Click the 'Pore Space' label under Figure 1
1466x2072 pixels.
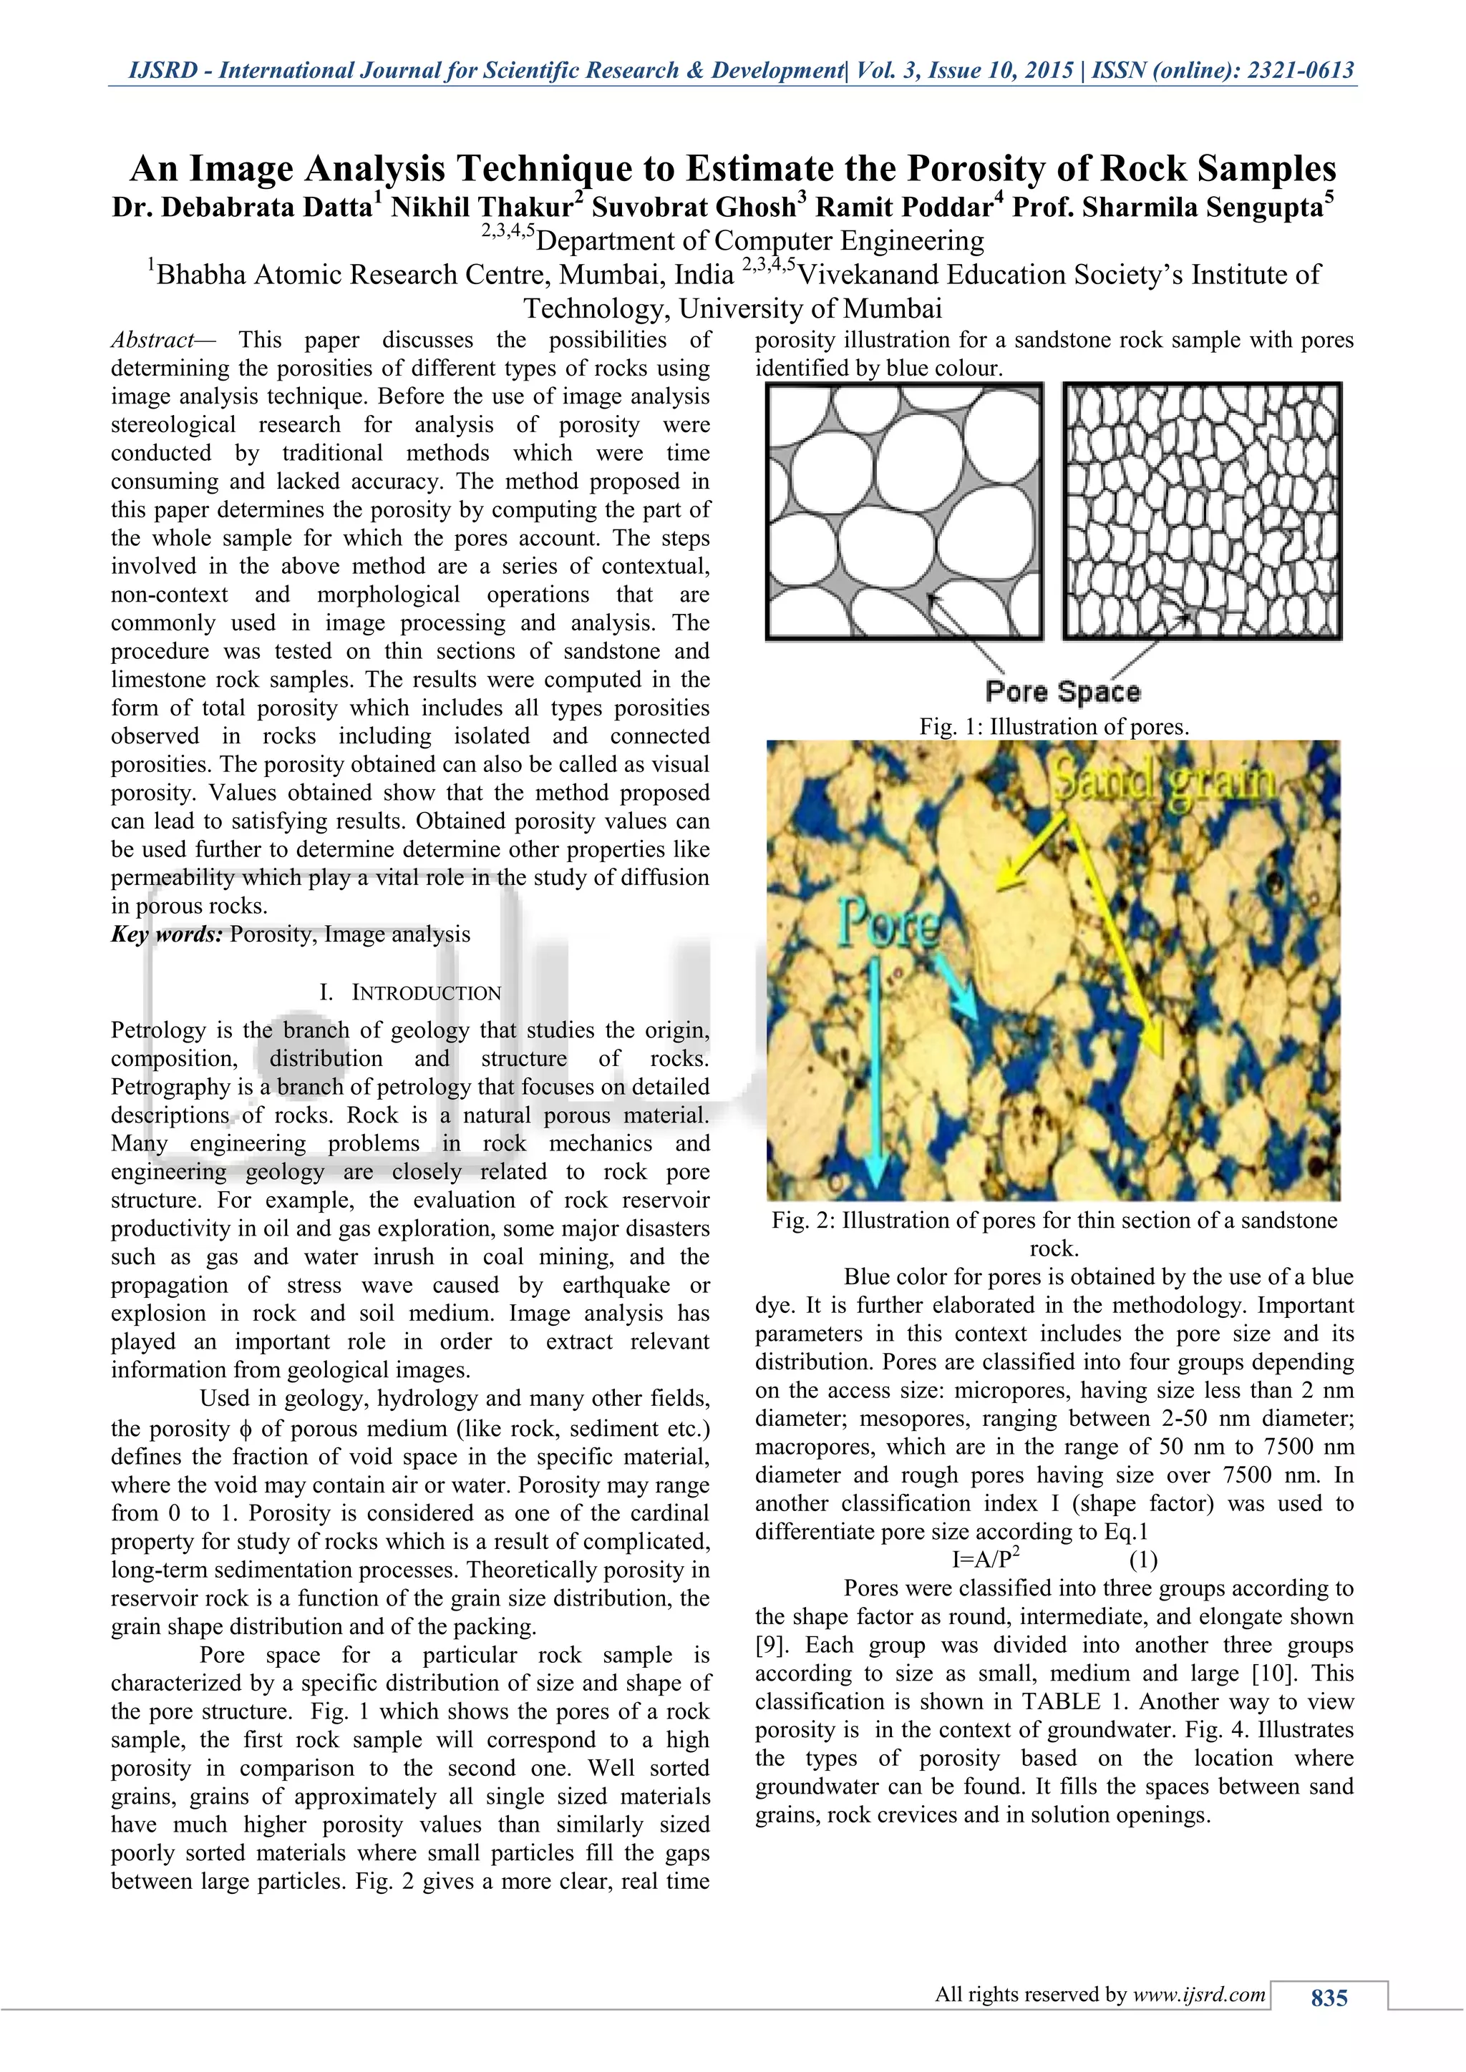pyautogui.click(x=1062, y=692)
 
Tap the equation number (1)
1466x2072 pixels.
pyautogui.click(x=1143, y=1560)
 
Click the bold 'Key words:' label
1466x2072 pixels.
pyautogui.click(x=166, y=934)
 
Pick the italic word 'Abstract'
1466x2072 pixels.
pyautogui.click(x=152, y=341)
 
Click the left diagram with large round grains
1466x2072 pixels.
pyautogui.click(x=903, y=512)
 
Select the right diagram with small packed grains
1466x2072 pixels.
pyautogui.click(x=1202, y=512)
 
